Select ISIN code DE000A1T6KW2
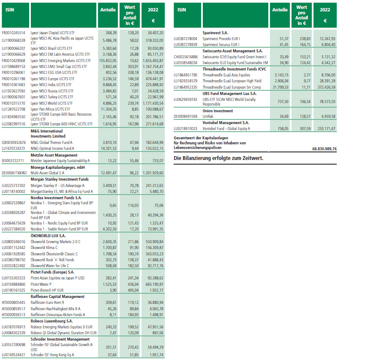pos(14,173)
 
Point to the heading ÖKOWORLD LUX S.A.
pos(48,235)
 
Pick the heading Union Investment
pos(218,111)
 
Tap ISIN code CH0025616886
pos(185,56)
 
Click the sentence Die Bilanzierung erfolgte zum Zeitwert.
pos(218,158)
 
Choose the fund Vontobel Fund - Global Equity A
pos(226,128)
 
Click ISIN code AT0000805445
pos(14,302)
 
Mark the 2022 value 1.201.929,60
pos(152,173)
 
